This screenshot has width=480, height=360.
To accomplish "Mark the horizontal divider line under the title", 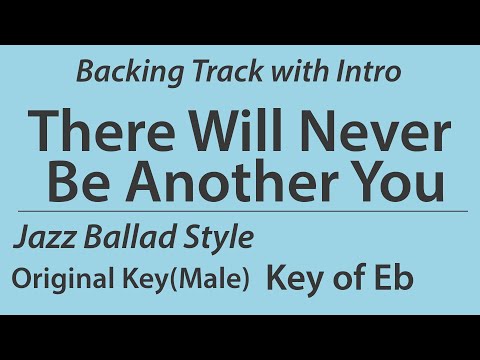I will [x=240, y=212].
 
